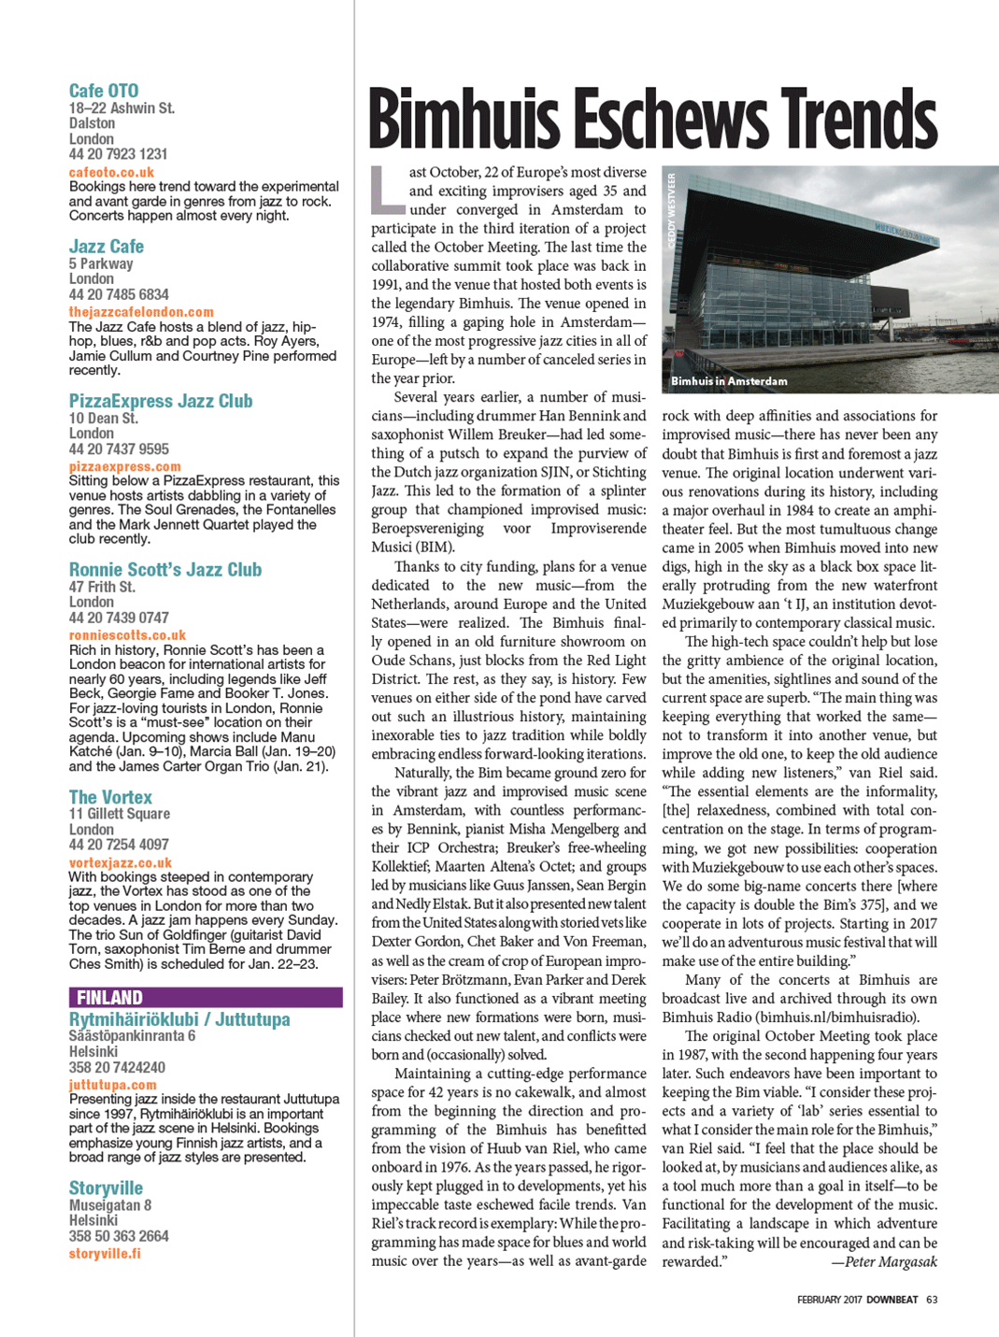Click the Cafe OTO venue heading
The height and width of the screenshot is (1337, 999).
coord(104,91)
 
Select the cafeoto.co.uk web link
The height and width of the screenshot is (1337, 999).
coord(111,172)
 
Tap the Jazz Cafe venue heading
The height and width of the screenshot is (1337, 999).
coord(107,247)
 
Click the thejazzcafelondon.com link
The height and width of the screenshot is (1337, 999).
coord(141,312)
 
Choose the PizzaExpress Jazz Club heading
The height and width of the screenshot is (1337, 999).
coord(161,401)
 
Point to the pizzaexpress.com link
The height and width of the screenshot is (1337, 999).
coord(124,466)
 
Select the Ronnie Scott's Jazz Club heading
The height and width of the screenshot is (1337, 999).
coord(165,570)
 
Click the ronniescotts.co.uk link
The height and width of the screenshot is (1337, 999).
coord(127,635)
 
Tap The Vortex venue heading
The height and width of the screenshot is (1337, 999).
coord(110,797)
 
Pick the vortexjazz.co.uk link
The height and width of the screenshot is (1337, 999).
coord(121,863)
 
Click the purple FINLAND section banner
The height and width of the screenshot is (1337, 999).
coord(206,998)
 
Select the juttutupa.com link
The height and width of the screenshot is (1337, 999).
coord(113,1085)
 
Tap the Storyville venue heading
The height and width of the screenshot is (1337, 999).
coord(106,1188)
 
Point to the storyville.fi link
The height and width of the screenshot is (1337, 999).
coord(105,1253)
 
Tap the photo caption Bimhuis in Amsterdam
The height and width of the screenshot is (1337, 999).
coord(729,381)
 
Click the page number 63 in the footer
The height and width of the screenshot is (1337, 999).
coord(932,1300)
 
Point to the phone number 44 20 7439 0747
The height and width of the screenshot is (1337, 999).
coord(119,618)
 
